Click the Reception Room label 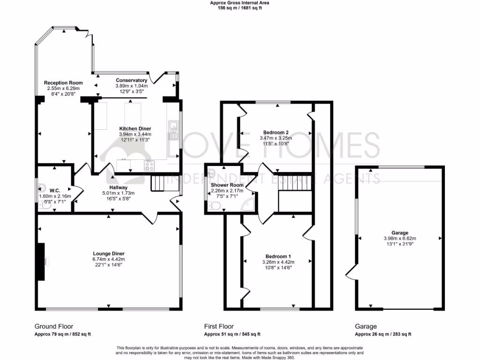[x=63, y=83]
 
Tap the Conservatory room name [x=132, y=80]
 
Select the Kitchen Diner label [x=135, y=128]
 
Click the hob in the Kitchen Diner [x=149, y=165]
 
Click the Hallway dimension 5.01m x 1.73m [x=119, y=193]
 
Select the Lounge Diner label [x=108, y=254]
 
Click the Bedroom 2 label [x=276, y=132]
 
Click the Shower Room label [x=223, y=185]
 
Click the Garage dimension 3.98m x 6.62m [x=400, y=238]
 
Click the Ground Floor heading [x=54, y=326]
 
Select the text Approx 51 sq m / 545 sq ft [x=232, y=334]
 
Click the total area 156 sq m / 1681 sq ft [x=240, y=8]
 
